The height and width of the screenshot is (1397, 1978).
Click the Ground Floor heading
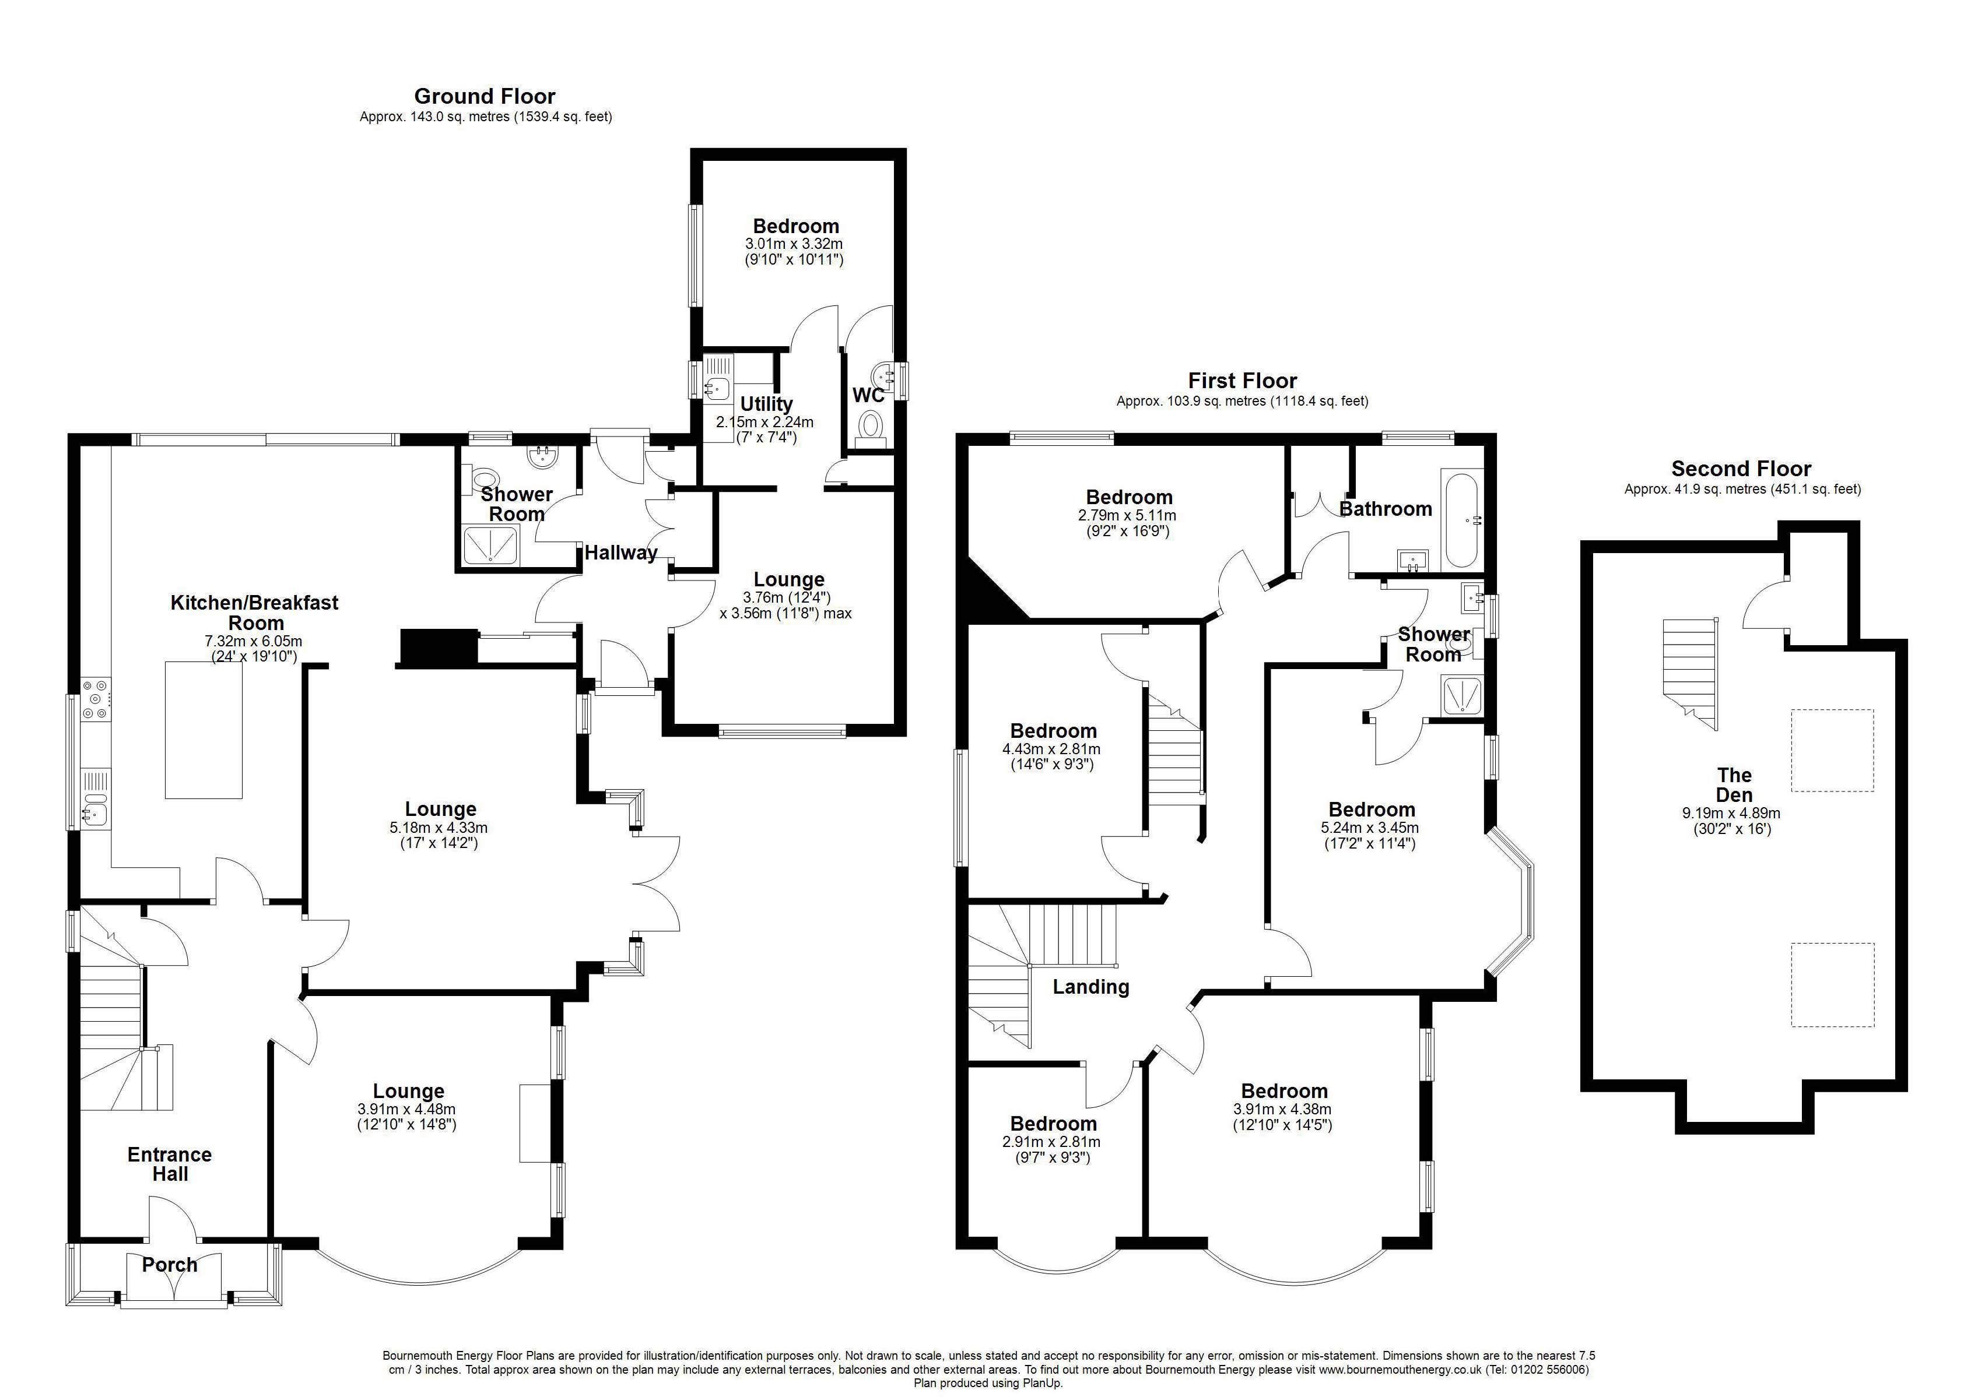coord(485,97)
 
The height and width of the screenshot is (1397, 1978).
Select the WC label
coord(868,395)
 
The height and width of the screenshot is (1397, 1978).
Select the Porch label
coord(170,1264)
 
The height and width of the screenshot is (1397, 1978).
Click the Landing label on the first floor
coord(1090,987)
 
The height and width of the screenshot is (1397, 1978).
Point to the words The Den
coord(1734,784)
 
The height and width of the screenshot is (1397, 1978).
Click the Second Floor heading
coord(1741,469)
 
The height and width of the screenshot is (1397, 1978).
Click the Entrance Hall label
coord(170,1164)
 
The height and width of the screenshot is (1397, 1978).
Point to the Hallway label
coord(621,553)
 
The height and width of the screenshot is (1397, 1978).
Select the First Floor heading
coord(1242,381)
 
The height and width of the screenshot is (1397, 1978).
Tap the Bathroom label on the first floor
coord(1386,509)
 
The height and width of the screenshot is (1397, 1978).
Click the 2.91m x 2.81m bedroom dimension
coord(1052,1142)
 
